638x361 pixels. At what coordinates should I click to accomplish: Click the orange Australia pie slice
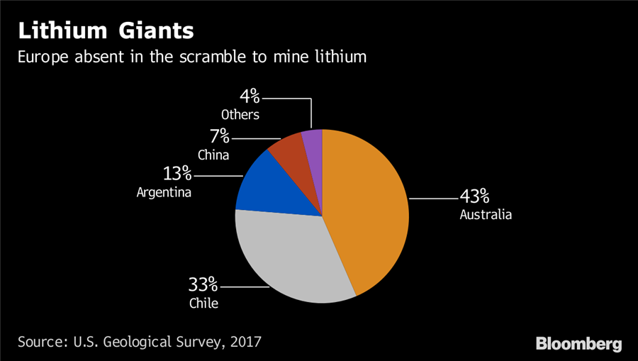[369, 206]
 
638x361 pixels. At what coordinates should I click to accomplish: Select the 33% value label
[203, 285]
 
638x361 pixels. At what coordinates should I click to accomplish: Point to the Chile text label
[204, 304]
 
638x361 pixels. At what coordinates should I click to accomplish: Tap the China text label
[213, 154]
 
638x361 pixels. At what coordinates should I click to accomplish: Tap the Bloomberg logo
[578, 344]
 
